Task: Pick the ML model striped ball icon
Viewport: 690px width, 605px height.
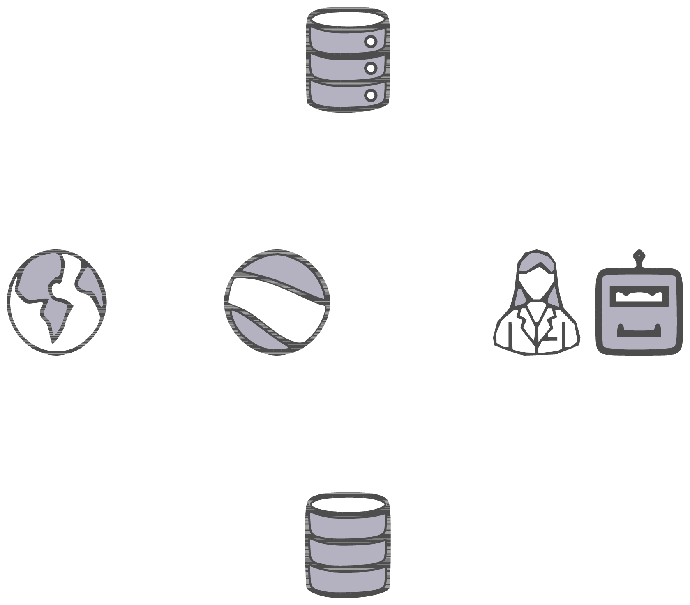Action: pos(277,302)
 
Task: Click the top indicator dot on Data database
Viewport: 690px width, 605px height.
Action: pos(371,42)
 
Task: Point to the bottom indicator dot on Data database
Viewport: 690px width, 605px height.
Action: pos(371,95)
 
